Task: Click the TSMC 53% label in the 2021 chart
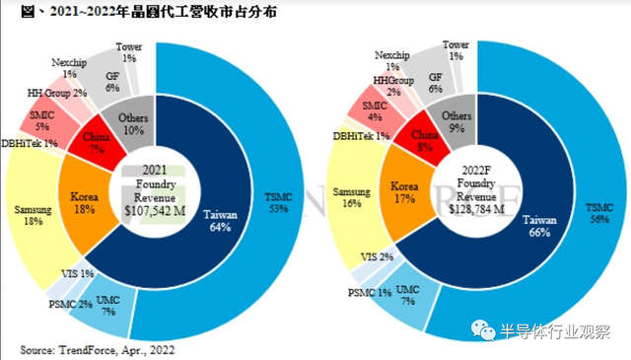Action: pos(280,201)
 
